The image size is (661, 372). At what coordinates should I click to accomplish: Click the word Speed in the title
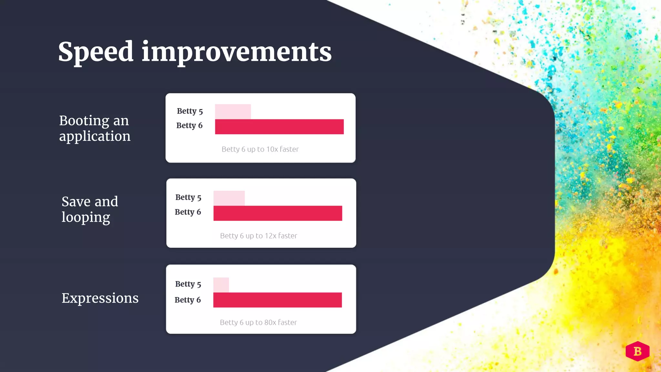pos(96,52)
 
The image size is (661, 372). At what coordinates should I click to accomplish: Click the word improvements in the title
pos(236,52)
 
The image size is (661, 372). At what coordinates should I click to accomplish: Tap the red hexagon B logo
pos(637,351)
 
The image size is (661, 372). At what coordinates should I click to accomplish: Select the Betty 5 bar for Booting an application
pos(233,111)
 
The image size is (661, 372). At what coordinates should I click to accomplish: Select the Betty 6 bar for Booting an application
pos(279,127)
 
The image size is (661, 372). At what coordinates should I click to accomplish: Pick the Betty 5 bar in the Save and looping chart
pos(229,198)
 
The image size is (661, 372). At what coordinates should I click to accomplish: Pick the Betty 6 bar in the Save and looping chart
pos(278,213)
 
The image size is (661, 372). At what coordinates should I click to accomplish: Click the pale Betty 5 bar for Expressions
pos(221,285)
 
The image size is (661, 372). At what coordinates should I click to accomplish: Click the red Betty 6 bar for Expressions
pos(277,300)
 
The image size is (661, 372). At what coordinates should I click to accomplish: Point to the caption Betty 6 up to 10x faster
pos(260,149)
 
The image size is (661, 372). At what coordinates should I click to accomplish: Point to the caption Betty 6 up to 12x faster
pos(259,236)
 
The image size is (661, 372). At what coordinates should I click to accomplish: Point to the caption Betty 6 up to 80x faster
pos(258,322)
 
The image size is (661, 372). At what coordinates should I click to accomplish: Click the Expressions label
pos(100,298)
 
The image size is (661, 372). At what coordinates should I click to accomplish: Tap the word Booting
pos(84,121)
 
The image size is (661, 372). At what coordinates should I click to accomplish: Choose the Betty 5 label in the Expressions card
pos(188,284)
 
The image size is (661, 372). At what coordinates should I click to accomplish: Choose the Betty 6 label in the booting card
pos(189,125)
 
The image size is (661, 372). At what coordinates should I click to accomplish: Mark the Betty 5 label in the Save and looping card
pos(188,197)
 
